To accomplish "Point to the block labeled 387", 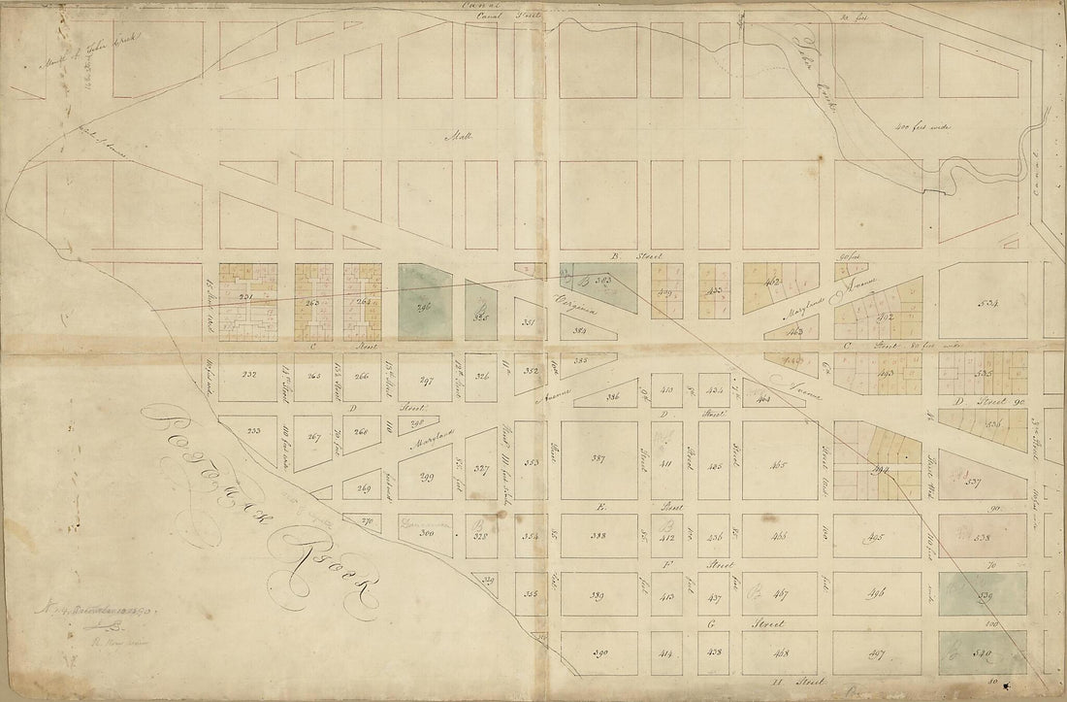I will pos(598,459).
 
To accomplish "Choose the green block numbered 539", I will pos(985,594).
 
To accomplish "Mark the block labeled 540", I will pos(985,654).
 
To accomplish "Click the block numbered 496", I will pos(877,594).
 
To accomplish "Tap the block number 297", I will pos(422,382).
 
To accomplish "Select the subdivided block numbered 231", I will pos(246,300).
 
